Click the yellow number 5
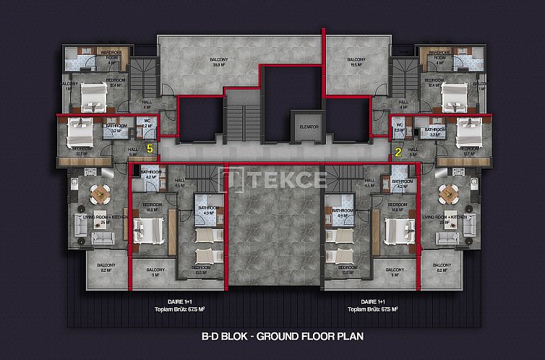pos(150,148)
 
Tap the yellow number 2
pos(397,151)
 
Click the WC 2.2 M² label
pos(146,124)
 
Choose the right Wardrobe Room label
pos(438,54)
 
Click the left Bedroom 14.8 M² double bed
pos(152,231)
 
